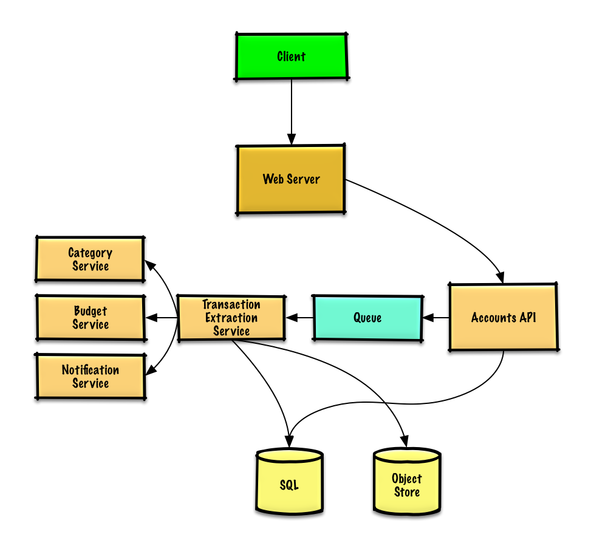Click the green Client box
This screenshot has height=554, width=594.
click(x=292, y=56)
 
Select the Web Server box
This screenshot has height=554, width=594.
click(x=291, y=179)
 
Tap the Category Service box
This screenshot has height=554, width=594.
click(x=90, y=259)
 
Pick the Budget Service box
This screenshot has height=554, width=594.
click(x=90, y=318)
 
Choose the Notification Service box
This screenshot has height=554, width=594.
click(x=90, y=377)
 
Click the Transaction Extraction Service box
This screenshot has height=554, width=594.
click(x=231, y=318)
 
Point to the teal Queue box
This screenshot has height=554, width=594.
click(x=367, y=318)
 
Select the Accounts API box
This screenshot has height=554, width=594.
click(x=504, y=317)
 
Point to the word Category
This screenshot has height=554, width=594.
click(x=90, y=253)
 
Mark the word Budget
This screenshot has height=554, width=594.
click(x=90, y=311)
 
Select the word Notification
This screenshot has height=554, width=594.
click(x=90, y=370)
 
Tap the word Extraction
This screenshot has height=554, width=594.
click(x=231, y=318)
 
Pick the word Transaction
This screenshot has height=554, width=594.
click(x=231, y=304)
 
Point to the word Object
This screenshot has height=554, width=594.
click(x=407, y=478)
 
